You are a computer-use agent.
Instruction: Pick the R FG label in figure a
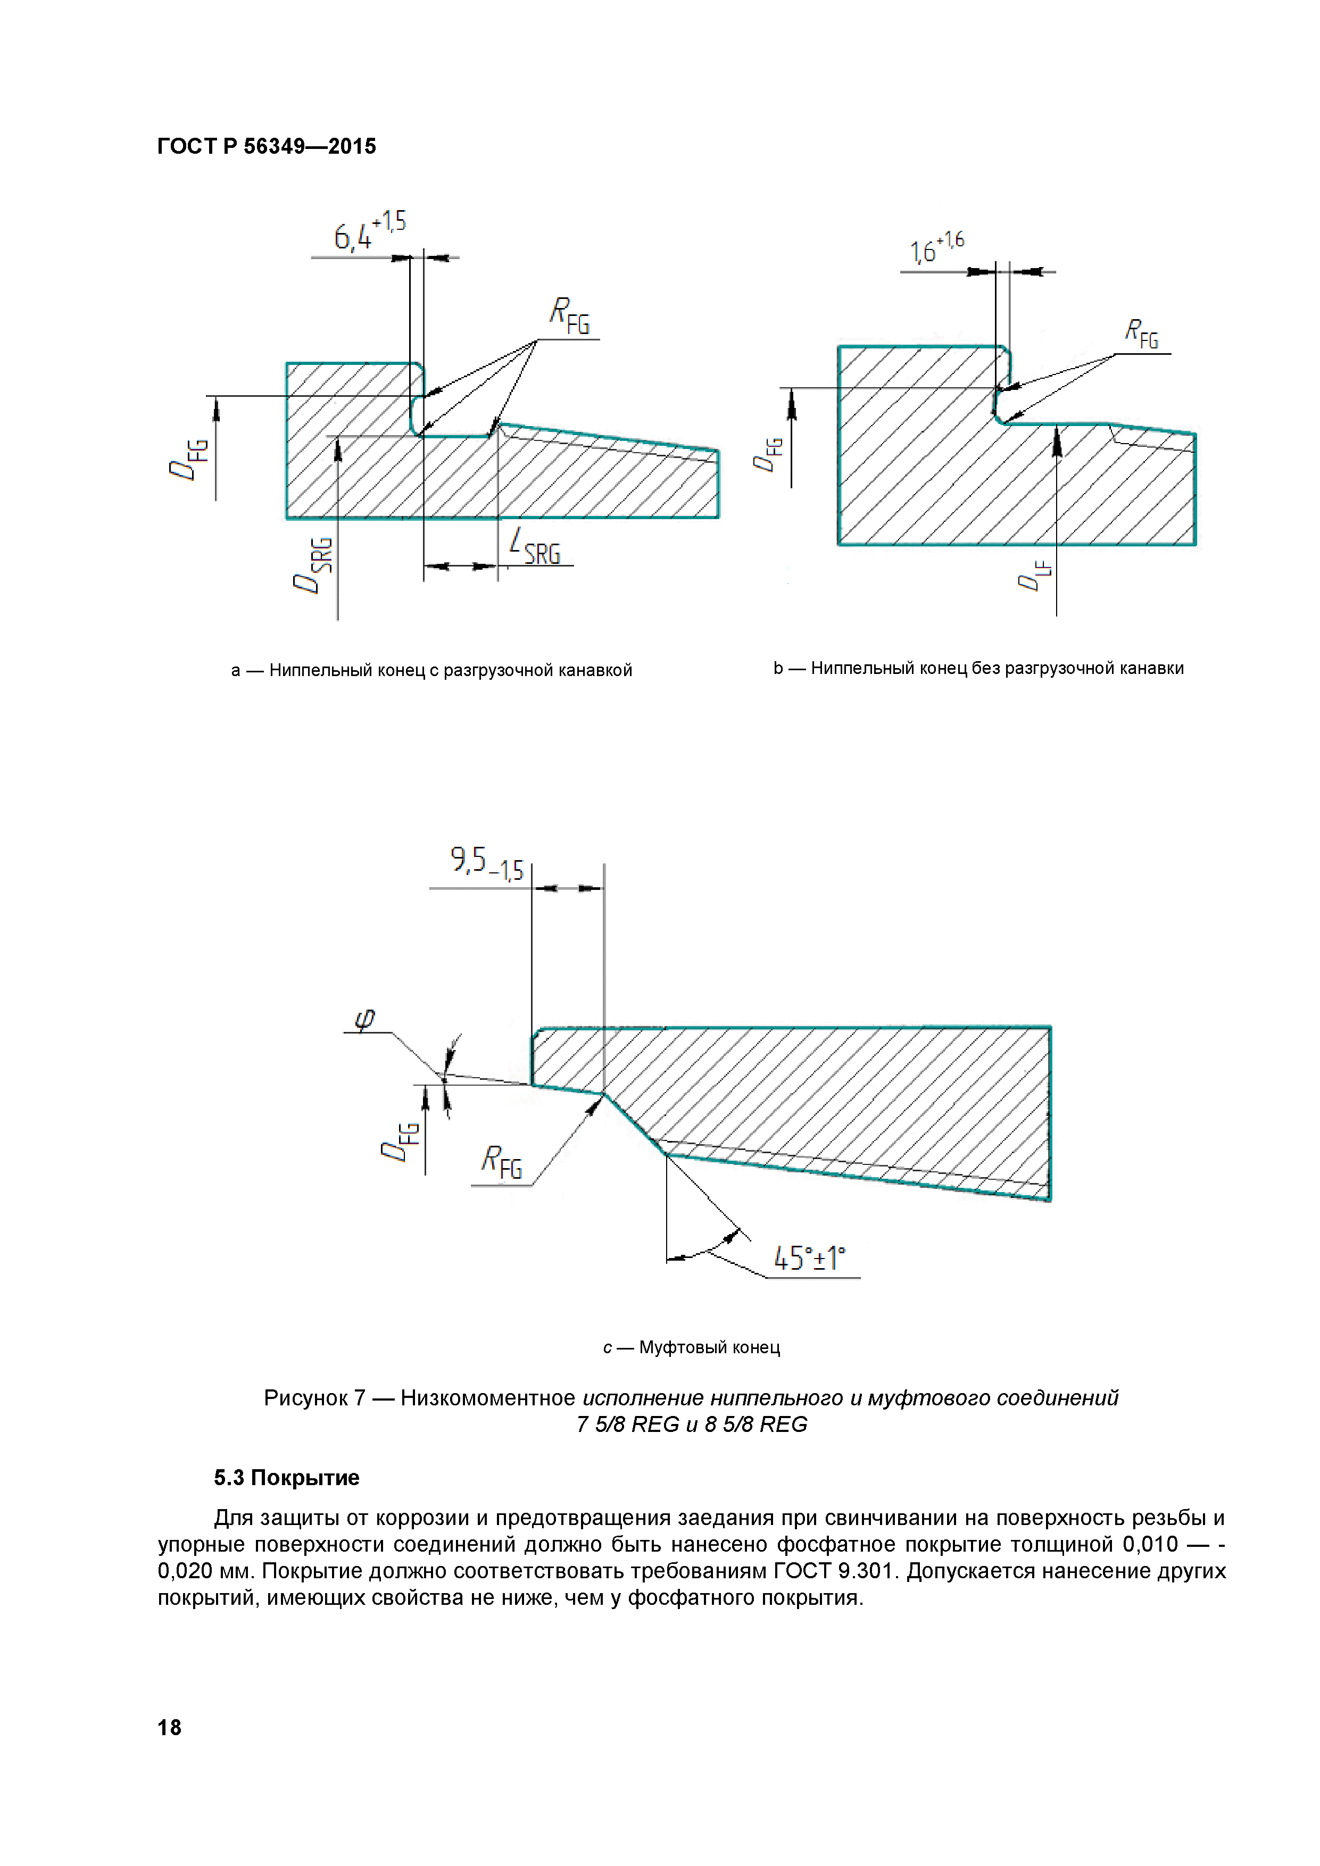coord(569,315)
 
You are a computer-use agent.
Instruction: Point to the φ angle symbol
coord(365,1019)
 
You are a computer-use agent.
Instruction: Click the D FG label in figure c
coord(400,1141)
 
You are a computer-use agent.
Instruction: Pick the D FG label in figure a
coord(188,459)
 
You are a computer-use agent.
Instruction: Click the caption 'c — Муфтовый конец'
coord(691,1347)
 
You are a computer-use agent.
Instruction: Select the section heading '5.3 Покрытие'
coord(286,1478)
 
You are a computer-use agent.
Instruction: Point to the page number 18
coord(169,1728)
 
